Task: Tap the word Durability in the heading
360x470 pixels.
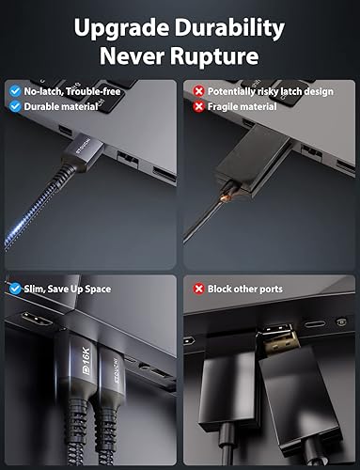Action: (x=236, y=24)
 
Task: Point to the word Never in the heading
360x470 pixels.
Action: (x=133, y=55)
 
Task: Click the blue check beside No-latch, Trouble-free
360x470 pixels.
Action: (x=13, y=91)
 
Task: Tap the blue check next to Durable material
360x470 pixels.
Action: (x=13, y=106)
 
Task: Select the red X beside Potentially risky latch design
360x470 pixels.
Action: (x=197, y=91)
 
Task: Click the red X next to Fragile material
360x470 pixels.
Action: (x=197, y=106)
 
